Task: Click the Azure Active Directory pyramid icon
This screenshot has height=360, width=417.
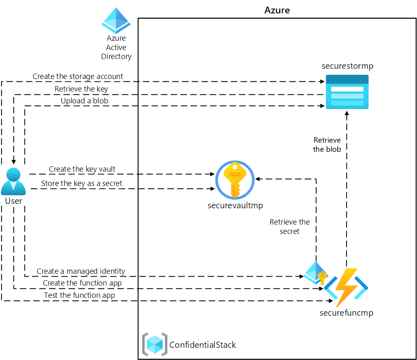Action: tap(116, 21)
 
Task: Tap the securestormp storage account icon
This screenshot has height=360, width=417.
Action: tap(347, 92)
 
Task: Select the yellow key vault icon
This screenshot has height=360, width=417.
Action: tap(235, 180)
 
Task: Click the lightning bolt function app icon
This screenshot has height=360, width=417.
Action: tap(346, 287)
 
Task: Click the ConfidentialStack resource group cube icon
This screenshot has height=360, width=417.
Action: tap(155, 345)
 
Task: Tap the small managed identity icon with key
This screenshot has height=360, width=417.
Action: tap(316, 273)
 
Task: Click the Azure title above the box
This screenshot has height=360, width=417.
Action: tap(277, 10)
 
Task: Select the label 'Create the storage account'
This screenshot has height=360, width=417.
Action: tap(78, 76)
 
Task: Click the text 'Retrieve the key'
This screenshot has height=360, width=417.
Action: tap(81, 89)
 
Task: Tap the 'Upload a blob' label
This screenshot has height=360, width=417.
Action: tap(85, 100)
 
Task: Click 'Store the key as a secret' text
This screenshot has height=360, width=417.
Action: tap(81, 183)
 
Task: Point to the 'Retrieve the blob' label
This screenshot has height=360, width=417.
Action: tap(327, 145)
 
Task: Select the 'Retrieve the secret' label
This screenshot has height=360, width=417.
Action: tap(290, 227)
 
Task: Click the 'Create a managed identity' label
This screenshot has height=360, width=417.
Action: tap(81, 271)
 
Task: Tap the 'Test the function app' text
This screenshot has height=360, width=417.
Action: tap(79, 295)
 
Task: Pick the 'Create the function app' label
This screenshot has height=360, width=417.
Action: tap(82, 283)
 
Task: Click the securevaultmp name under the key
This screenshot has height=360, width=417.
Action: tap(235, 205)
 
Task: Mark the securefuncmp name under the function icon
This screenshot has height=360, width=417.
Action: tap(346, 313)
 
